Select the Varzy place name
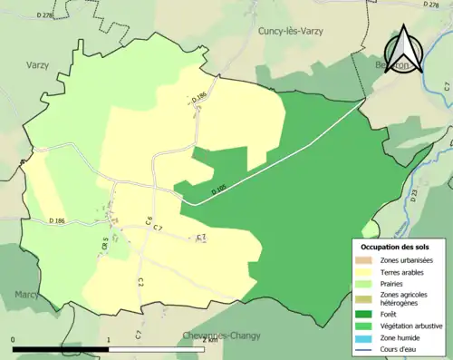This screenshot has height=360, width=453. click(37, 64)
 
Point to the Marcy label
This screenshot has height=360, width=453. click(27, 295)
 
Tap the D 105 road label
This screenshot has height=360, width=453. click(219, 190)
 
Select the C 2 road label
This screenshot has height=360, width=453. click(140, 281)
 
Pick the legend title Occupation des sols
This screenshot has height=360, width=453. click(395, 247)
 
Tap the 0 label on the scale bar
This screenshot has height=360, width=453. click(14, 339)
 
